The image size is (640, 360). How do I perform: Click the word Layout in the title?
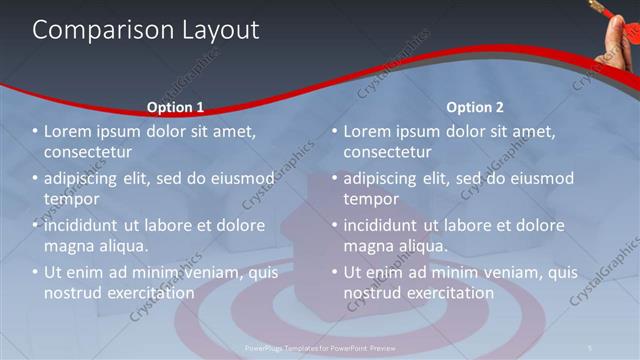tap(214, 31)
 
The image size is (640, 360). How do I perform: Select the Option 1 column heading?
tap(175, 107)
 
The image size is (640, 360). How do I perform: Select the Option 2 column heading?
tap(475, 107)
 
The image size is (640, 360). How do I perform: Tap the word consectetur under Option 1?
tap(89, 153)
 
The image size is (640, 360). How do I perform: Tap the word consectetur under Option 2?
tap(389, 153)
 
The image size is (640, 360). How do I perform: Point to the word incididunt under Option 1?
tap(87, 225)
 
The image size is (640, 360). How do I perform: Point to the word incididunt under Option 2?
tap(387, 225)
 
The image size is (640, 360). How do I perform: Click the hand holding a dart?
tap(621, 34)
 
